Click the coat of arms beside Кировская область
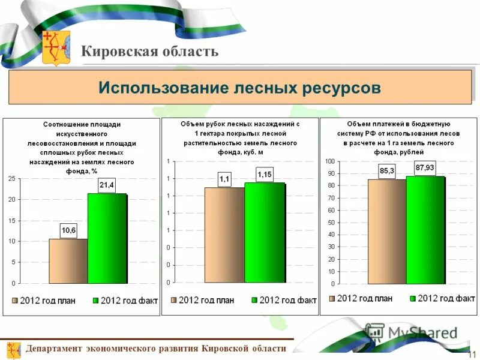pyautogui.click(x=56, y=47)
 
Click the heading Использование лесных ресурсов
pyautogui.click(x=239, y=88)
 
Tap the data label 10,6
pyautogui.click(x=68, y=229)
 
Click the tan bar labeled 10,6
pyautogui.click(x=68, y=261)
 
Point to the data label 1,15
pyautogui.click(x=265, y=174)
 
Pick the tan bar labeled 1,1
pyautogui.click(x=224, y=235)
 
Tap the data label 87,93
pyautogui.click(x=425, y=167)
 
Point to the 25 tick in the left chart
pyautogui.click(x=12, y=179)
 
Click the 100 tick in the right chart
pyautogui.click(x=330, y=161)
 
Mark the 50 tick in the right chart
pyautogui.click(x=331, y=223)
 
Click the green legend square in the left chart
pyautogui.click(x=96, y=301)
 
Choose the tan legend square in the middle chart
pyautogui.click(x=174, y=299)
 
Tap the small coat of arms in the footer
pyautogui.click(x=14, y=349)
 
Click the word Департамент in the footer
pyautogui.click(x=54, y=349)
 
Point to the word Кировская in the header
pyautogui.click(x=114, y=51)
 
